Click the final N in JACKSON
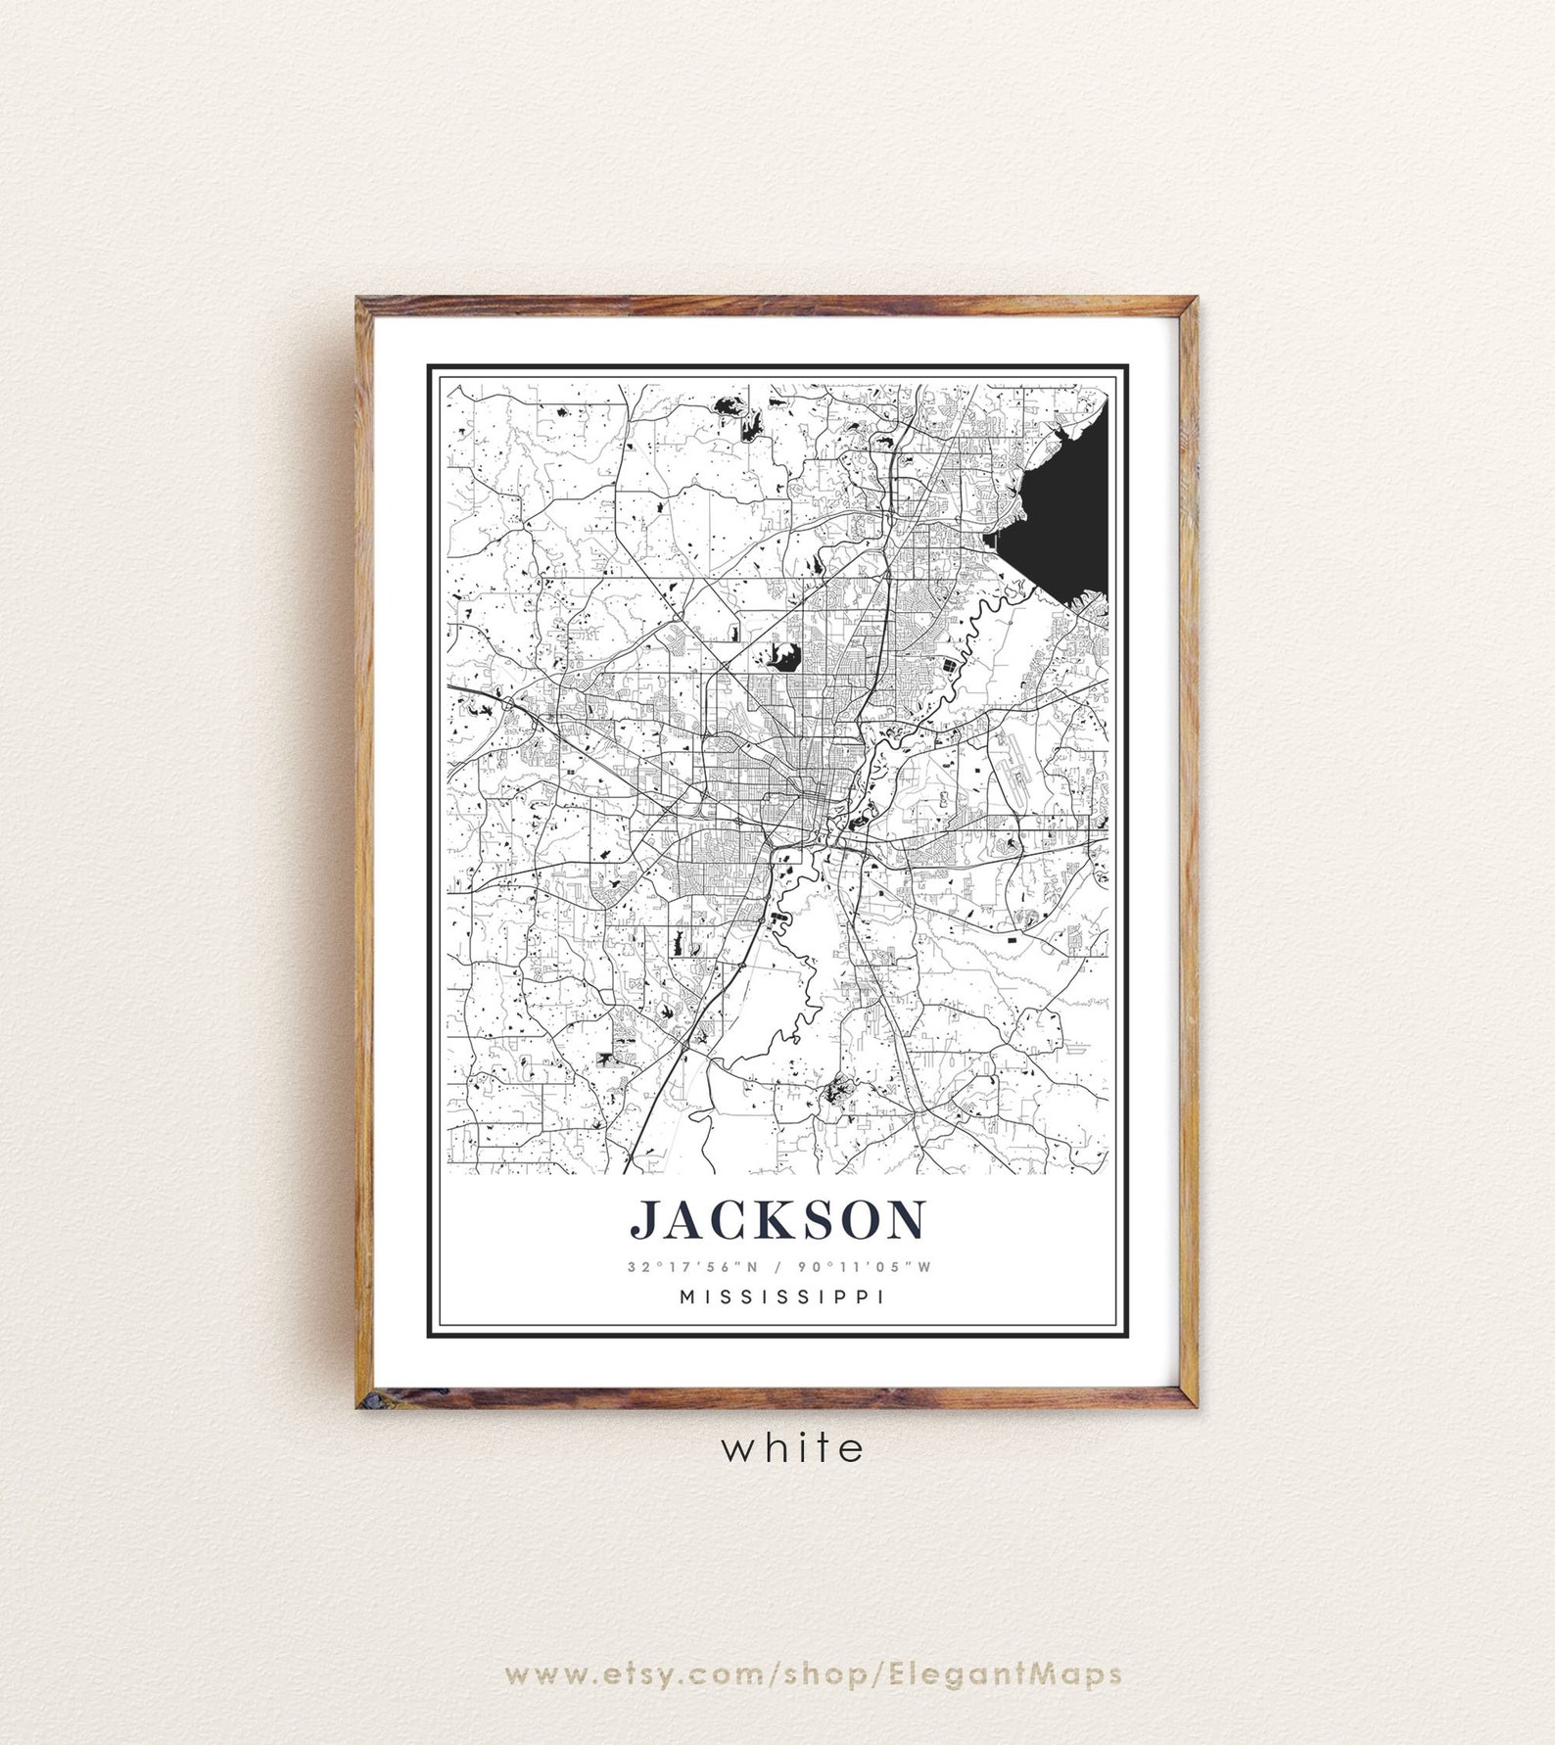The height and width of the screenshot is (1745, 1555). (x=904, y=1219)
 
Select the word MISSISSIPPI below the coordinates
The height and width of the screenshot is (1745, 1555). (x=777, y=1297)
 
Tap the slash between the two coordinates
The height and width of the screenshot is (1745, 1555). (x=777, y=1266)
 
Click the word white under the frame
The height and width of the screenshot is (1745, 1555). (x=793, y=1448)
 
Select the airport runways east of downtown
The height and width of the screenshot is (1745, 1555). (x=1009, y=774)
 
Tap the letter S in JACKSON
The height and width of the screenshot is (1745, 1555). (x=815, y=1219)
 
